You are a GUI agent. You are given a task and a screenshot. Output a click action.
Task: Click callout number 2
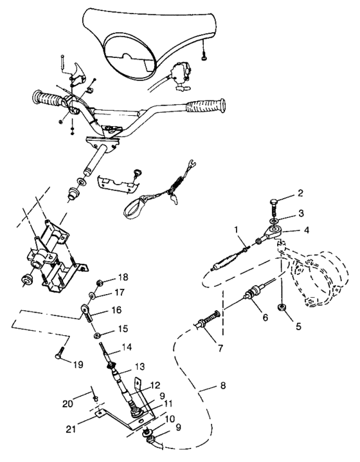coord(300,193)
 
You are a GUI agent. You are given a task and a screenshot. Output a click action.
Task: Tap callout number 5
coord(298,326)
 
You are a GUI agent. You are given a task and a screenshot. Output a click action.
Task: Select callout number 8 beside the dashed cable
coord(223,385)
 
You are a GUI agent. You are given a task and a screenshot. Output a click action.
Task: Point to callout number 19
coord(78,365)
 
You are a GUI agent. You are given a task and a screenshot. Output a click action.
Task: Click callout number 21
coord(71,429)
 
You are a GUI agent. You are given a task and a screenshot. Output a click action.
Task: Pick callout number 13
coord(139,367)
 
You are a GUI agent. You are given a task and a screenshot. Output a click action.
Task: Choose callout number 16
coord(116,310)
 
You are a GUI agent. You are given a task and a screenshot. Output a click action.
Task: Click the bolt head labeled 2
coord(274,202)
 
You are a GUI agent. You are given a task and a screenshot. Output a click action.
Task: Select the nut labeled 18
coord(100,284)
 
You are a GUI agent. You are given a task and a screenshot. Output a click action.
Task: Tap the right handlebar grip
coord(206,106)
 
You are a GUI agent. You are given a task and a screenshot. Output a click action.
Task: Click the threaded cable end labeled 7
coord(207,319)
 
